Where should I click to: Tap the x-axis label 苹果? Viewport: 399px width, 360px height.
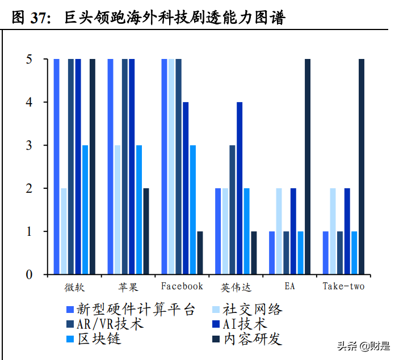(128, 286)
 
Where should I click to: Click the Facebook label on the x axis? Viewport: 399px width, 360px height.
(182, 286)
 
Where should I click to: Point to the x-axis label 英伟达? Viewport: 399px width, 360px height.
(236, 286)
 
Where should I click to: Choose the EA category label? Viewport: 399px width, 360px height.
(289, 286)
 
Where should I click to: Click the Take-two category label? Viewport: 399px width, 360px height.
(343, 286)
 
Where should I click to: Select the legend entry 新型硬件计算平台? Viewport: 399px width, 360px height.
(131, 310)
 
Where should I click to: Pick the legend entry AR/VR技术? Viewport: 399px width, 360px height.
(105, 324)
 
